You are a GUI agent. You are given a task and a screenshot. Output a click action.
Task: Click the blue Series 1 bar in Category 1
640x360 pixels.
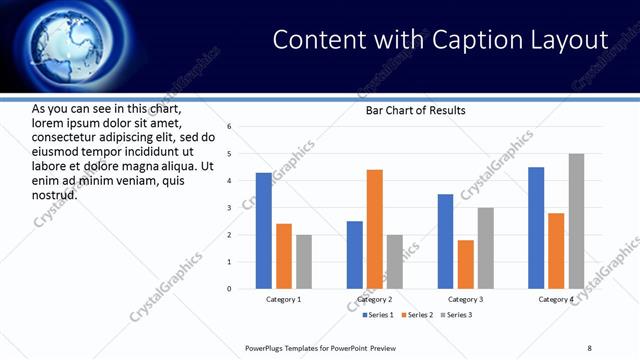pos(263,231)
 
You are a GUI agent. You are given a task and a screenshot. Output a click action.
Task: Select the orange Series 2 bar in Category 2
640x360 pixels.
pos(375,229)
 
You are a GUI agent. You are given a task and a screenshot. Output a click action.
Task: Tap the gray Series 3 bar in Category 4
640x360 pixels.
pos(577,221)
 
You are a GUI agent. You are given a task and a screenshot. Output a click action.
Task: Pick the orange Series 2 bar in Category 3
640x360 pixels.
pos(466,264)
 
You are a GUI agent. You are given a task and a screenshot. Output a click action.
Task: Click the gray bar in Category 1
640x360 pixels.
pos(304,262)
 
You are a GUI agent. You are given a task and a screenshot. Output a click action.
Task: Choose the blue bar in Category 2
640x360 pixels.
pos(355,255)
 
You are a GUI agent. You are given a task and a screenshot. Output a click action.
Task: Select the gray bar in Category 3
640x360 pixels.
pos(486,248)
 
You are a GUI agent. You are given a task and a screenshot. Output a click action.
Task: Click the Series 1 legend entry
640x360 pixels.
pos(376,315)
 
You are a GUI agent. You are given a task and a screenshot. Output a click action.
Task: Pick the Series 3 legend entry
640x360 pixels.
pos(455,315)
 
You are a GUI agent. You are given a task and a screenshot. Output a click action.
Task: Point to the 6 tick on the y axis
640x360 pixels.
pos(230,127)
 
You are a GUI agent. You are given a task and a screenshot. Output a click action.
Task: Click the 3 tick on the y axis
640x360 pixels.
pos(230,208)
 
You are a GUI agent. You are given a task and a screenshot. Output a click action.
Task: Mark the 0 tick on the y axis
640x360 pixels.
pos(230,289)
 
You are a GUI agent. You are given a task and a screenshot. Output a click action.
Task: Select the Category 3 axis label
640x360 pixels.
pos(466,300)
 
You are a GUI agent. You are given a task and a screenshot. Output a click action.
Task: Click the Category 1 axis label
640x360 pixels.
pos(284,300)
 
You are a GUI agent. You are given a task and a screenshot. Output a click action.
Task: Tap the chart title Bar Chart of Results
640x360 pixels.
pos(415,111)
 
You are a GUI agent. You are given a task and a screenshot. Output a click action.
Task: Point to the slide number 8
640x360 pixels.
pos(589,348)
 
